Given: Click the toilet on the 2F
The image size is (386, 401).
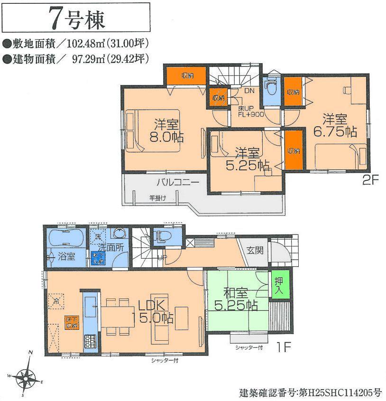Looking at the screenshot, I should point(271,88).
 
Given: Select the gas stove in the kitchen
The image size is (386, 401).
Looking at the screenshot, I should point(90,342).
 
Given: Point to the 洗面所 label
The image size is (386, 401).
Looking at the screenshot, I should point(112,248).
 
